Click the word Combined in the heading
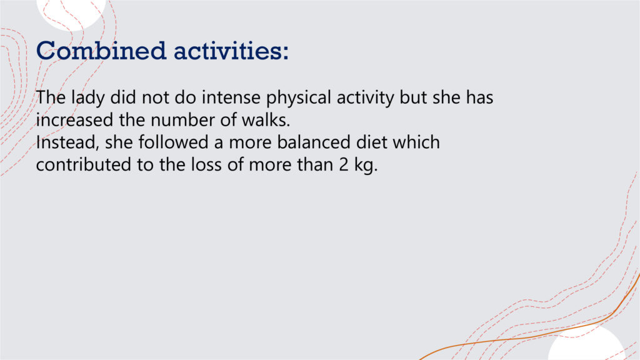point(101,51)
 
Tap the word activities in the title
point(231,51)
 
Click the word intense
point(231,97)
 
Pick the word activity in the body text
point(365,98)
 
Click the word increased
point(74,120)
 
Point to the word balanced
point(314,142)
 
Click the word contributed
point(84,164)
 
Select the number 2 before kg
point(344,164)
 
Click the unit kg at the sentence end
point(366,165)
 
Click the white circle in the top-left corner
point(71,12)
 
